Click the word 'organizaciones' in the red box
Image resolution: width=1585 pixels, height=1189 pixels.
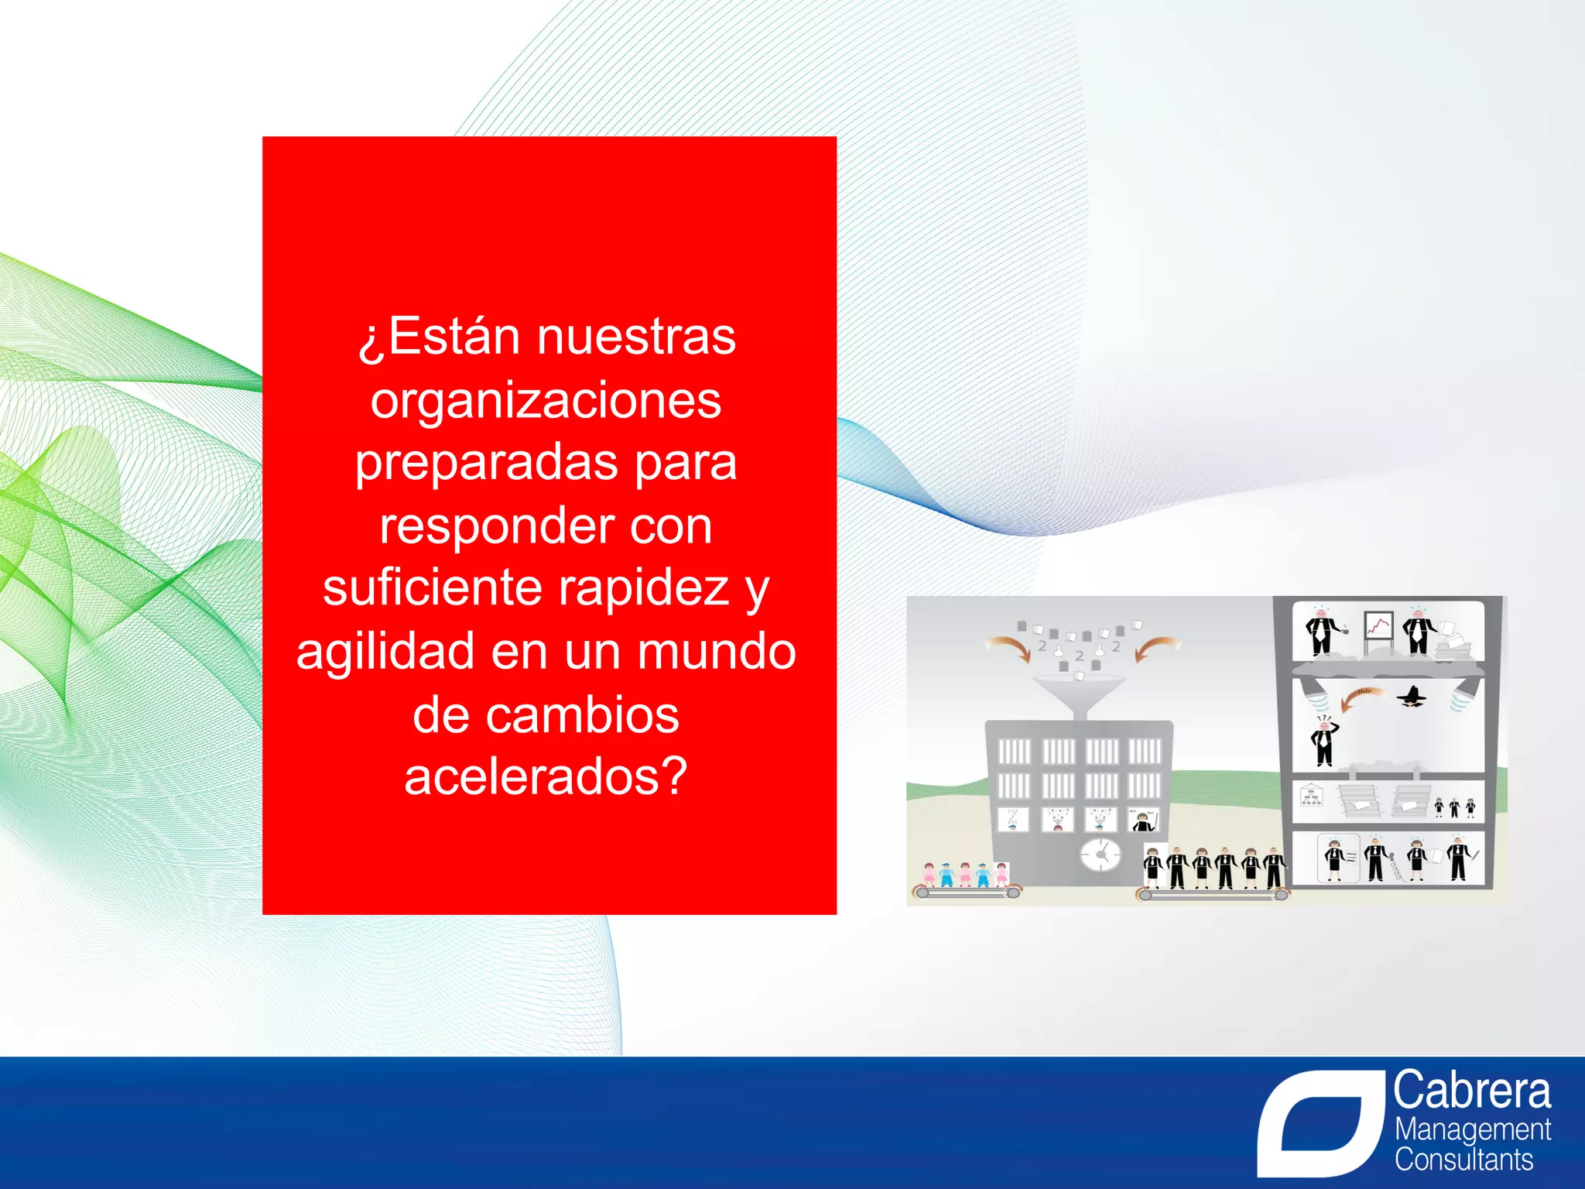click(546, 401)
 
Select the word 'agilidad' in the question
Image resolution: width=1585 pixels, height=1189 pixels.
click(385, 652)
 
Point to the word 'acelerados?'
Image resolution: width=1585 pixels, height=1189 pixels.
click(546, 776)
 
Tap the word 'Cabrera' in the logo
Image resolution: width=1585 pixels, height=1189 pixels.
click(1471, 1091)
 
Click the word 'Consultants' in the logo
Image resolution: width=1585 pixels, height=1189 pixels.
click(1463, 1160)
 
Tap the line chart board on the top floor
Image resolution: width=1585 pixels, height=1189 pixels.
click(1378, 628)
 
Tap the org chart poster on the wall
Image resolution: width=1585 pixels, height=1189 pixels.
click(1310, 796)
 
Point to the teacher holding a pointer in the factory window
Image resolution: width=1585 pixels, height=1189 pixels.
click(1142, 820)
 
